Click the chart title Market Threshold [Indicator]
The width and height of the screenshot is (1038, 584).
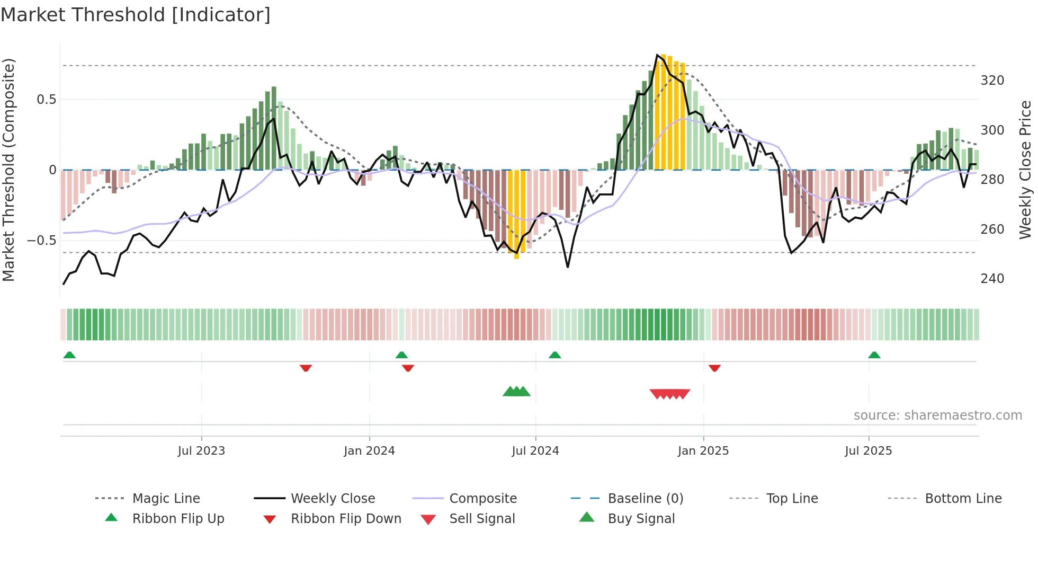coord(136,15)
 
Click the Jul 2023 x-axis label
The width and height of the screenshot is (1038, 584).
coord(201,451)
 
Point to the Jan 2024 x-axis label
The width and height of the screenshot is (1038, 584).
coord(369,451)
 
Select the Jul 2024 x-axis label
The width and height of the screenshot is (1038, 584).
coord(535,451)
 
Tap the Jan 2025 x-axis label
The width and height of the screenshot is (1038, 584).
coord(703,451)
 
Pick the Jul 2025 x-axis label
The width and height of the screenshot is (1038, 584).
coord(869,451)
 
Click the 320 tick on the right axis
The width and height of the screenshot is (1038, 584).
coord(992,81)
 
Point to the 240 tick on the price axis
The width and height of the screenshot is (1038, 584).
coord(992,279)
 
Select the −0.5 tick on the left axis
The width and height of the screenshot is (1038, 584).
coord(42,241)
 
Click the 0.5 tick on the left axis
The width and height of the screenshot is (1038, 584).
coord(46,100)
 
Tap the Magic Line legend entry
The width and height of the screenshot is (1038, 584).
coord(166,499)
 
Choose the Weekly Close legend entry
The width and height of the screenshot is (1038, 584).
coord(333,499)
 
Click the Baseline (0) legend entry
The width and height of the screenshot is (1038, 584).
coord(645,499)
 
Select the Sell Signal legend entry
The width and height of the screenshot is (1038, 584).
coord(482,519)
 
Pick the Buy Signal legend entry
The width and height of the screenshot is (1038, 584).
coord(641,519)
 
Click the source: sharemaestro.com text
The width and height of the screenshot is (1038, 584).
coord(937,415)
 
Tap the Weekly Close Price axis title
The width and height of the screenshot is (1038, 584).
coord(1025,170)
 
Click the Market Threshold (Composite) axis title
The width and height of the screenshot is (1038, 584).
coord(8,170)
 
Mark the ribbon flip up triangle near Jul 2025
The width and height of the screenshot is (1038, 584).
coord(874,355)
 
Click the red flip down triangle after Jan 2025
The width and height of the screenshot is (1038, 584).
coord(714,368)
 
